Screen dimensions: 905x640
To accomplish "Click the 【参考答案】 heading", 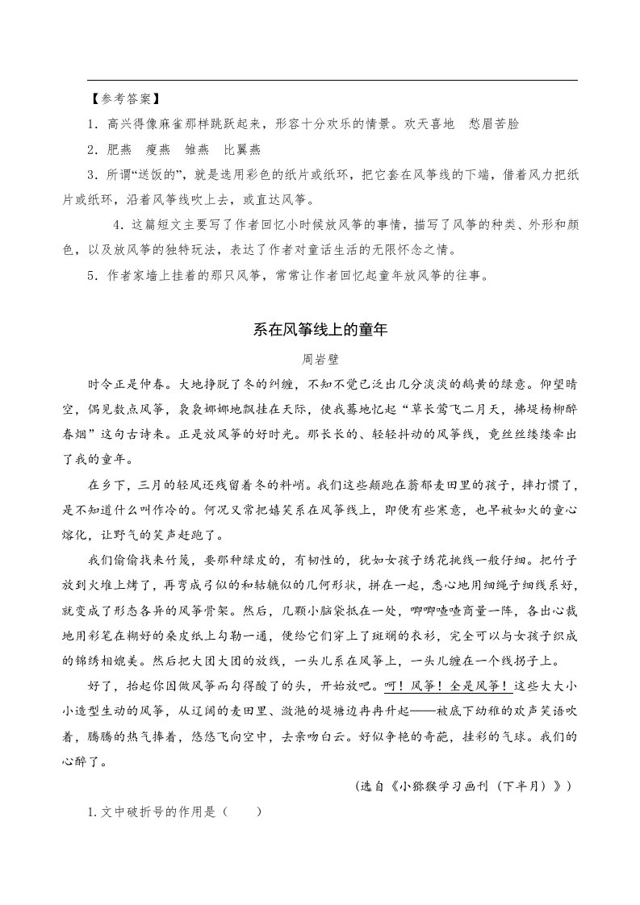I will [x=125, y=99].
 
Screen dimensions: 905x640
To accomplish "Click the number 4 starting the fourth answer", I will [x=119, y=224].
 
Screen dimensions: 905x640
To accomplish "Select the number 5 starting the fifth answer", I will [x=92, y=275].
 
